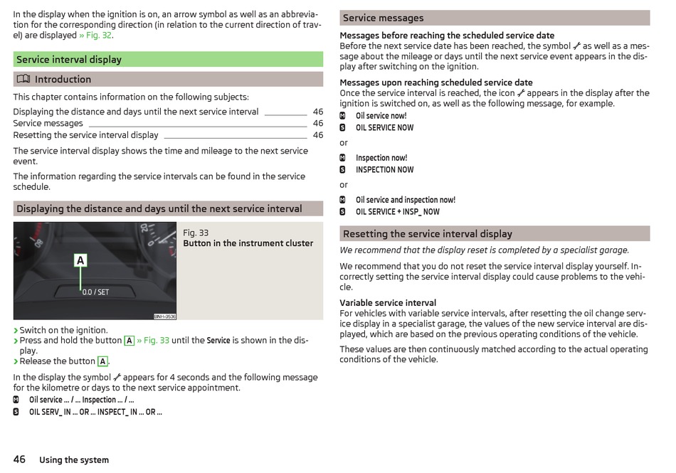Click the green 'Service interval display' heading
pos(69,60)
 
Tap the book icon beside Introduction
pos(23,79)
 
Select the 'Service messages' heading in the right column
pos(383,18)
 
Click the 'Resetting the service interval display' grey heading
pos(427,233)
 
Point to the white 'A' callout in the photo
pos(80,261)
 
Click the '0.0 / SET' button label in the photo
pos(96,292)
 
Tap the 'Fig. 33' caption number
pos(196,233)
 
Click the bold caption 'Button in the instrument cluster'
pos(248,243)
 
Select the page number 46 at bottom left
pos(19,459)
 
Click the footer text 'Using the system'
pos(74,460)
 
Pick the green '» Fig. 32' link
pos(95,35)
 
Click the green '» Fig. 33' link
pos(153,341)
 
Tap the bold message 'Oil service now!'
pos(381,116)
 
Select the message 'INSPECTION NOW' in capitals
pos(384,170)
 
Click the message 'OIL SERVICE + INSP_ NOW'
pos(397,212)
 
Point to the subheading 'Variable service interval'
pos(388,303)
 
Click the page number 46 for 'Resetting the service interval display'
pos(317,135)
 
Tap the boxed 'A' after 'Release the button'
pos(102,361)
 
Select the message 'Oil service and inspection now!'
pos(405,200)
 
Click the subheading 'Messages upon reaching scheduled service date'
pos(435,83)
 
